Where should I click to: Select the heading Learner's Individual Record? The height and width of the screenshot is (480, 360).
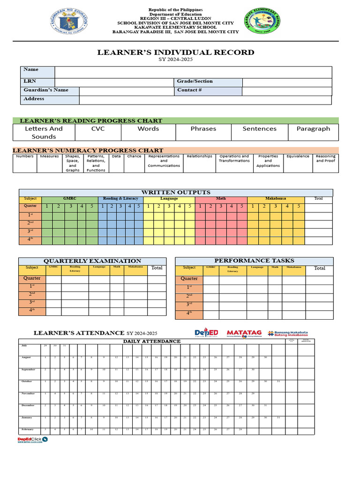tap(176, 52)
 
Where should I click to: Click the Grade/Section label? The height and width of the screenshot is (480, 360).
tap(195, 81)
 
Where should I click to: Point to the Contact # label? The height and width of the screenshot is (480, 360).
tap(189, 90)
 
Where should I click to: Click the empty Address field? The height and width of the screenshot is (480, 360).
tap(205, 99)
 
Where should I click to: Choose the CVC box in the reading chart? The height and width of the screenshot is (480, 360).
tap(98, 129)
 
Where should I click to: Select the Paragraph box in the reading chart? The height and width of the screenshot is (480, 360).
tap(313, 129)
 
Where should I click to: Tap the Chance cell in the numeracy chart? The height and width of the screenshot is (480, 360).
tap(134, 157)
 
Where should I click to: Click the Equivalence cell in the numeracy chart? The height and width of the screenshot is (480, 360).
tap(298, 157)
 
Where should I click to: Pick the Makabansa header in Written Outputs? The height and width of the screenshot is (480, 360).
tap(275, 199)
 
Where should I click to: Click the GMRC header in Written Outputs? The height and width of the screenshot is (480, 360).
tap(69, 199)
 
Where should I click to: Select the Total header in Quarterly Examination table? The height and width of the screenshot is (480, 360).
tap(157, 268)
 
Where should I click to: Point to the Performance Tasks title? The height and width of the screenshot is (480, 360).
tap(254, 261)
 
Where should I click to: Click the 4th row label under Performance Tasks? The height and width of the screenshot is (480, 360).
tap(189, 313)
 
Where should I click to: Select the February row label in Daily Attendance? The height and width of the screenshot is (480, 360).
tap(28, 429)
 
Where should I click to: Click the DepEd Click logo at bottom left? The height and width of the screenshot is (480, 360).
tap(32, 439)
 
